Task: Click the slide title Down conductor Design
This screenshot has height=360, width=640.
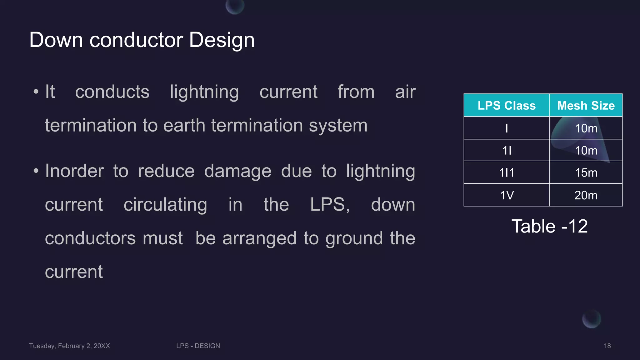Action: coord(142,40)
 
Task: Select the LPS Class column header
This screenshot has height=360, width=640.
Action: coord(507,106)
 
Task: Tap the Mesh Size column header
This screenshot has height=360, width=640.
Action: coord(586,106)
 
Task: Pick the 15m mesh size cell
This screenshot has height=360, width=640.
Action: coord(586,173)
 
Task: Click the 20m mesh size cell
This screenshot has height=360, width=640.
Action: coord(586,195)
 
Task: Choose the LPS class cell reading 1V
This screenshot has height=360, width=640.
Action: coord(507,195)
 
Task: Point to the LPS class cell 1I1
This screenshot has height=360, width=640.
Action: coord(507,173)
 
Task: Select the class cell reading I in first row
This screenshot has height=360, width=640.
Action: coord(507,128)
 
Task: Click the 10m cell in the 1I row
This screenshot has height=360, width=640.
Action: coord(586,151)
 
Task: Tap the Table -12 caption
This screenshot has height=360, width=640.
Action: coord(549,226)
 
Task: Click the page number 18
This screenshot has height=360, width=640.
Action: coord(607,346)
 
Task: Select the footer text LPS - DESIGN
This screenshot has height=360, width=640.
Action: coord(198,346)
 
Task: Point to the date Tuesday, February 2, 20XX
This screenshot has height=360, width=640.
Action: coord(69,346)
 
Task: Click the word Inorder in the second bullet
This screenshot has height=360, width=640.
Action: coord(74,171)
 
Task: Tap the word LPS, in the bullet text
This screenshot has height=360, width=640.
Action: coord(330,205)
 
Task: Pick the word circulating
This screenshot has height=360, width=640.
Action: coord(165,205)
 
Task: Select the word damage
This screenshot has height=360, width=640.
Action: coord(238,171)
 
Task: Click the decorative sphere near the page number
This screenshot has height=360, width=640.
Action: coord(591,319)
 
